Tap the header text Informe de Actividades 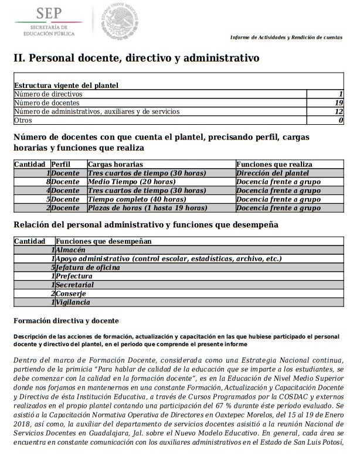point(286,37)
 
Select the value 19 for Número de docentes point(338,103)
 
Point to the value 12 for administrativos point(338,111)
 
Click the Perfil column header point(60,165)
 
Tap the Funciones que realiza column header point(274,165)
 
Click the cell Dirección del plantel point(272,173)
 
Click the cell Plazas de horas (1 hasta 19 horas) point(147,208)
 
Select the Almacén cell point(72,250)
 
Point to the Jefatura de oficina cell point(88,267)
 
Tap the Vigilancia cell point(73,302)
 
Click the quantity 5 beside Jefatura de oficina point(53,267)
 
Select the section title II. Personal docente point(136,59)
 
